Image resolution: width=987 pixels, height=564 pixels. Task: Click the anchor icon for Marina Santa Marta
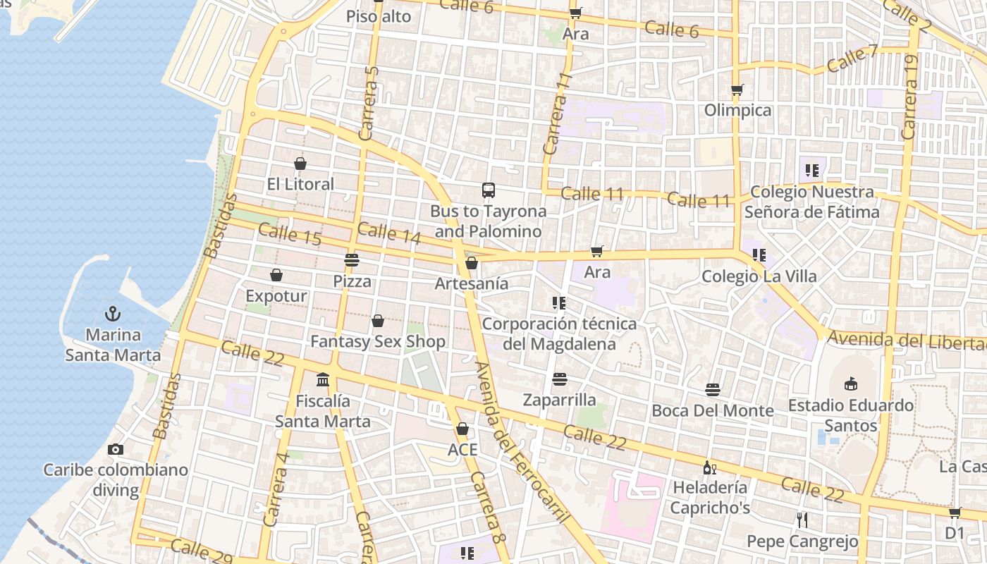coord(112,313)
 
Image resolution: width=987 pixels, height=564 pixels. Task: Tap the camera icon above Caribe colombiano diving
coord(116,449)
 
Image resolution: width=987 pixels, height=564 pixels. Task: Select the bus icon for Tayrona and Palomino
coord(488,190)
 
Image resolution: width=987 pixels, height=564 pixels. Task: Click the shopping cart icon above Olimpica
coord(737,90)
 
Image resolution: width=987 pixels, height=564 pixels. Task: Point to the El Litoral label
coord(300,184)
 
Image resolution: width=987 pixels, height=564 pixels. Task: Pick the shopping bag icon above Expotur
coord(276,275)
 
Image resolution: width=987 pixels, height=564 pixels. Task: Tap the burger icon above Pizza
coord(352,260)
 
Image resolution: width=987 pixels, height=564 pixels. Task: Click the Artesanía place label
coord(472,283)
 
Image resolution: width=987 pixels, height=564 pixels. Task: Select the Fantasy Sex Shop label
coord(378,342)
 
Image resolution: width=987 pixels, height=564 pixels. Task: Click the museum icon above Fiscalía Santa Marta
coord(323,380)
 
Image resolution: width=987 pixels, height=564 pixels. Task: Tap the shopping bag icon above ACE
coord(462,429)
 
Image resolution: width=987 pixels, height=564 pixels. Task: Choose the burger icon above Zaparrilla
coord(560,379)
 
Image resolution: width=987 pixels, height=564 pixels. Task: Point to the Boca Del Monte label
coord(713,410)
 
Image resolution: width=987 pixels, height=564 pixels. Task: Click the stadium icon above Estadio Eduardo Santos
coord(851,384)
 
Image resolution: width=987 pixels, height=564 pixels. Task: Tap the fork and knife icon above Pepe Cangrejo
coord(802,520)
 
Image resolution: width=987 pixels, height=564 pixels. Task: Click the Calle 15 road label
coord(290,235)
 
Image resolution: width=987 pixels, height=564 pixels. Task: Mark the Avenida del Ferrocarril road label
coord(522,443)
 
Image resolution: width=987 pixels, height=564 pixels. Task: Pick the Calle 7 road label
coord(852,58)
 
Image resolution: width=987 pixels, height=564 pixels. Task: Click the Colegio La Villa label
coord(759,276)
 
